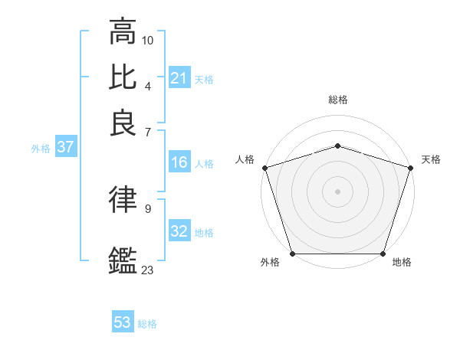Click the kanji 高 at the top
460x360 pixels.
click(x=123, y=32)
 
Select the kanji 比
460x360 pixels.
click(x=123, y=77)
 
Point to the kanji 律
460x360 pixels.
click(x=123, y=200)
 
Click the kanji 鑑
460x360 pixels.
click(x=123, y=259)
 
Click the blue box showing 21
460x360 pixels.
click(x=179, y=78)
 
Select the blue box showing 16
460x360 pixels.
click(x=179, y=162)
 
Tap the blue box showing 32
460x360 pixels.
click(x=179, y=231)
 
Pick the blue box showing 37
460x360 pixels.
click(x=65, y=148)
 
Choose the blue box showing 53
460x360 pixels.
click(x=123, y=322)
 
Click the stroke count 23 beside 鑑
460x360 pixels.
click(x=148, y=270)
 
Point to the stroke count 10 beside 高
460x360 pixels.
click(x=148, y=40)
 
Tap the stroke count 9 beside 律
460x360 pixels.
click(x=148, y=208)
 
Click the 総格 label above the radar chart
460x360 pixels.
click(x=338, y=100)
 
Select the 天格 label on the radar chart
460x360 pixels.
click(x=431, y=159)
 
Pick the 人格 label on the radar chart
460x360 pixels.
click(x=245, y=159)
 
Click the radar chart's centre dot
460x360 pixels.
click(x=338, y=191)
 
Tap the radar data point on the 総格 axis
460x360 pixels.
click(x=338, y=146)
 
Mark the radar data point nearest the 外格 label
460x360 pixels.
click(x=293, y=254)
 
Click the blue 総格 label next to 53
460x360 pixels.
click(x=147, y=324)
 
